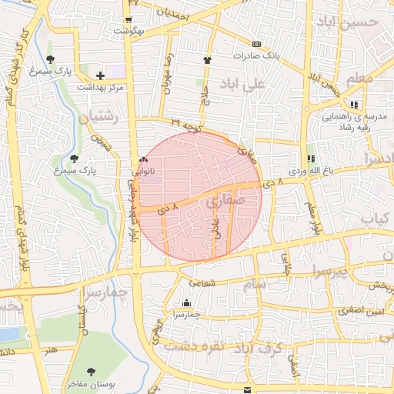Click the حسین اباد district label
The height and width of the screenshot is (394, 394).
tap(363, 22)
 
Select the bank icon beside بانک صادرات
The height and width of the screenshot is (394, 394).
tap(257, 44)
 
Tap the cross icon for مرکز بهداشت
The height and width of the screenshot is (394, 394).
tap(101, 75)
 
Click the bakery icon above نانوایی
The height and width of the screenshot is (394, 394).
tap(142, 160)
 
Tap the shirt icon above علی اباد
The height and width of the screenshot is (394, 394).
tap(206, 59)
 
